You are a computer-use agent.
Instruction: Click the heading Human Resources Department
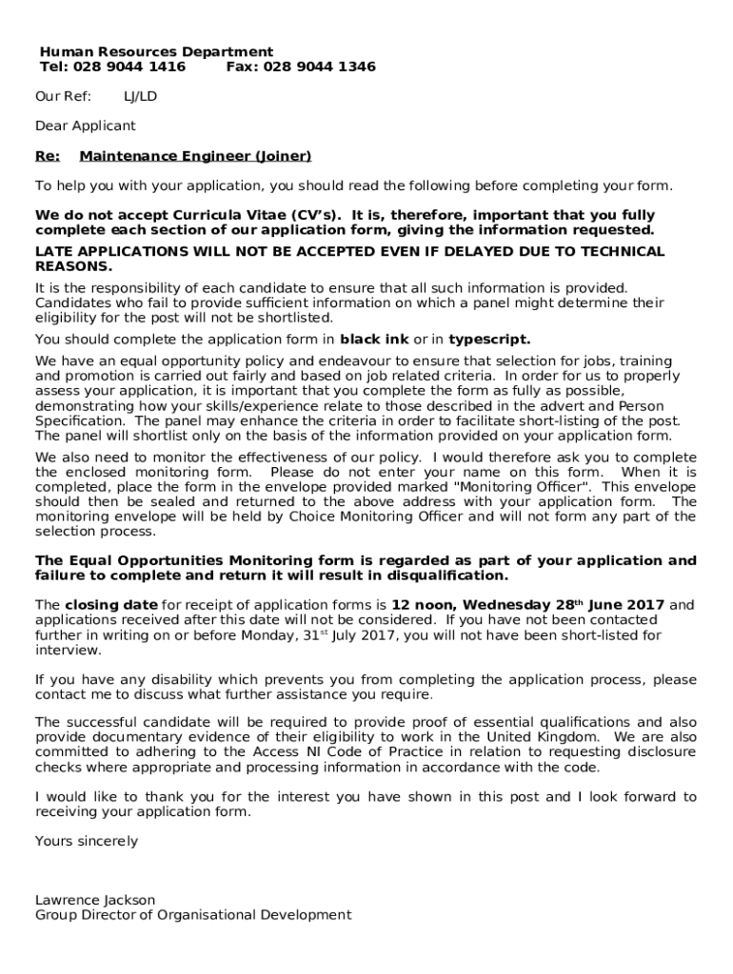pos(156,51)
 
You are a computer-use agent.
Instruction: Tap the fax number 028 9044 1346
pos(319,67)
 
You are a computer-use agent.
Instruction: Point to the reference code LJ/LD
pos(141,97)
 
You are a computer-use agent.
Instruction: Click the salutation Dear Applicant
pos(86,126)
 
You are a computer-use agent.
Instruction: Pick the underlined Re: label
pos(48,155)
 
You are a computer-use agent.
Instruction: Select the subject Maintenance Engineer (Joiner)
pos(195,155)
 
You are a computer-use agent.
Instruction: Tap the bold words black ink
pos(374,339)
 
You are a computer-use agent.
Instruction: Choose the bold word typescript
pos(489,339)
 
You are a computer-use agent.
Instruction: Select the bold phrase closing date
pos(110,605)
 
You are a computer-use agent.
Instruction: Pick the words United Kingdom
pos(543,737)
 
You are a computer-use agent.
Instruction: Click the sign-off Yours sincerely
pos(87,841)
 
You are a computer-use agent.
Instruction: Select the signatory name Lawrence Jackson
pos(95,900)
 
